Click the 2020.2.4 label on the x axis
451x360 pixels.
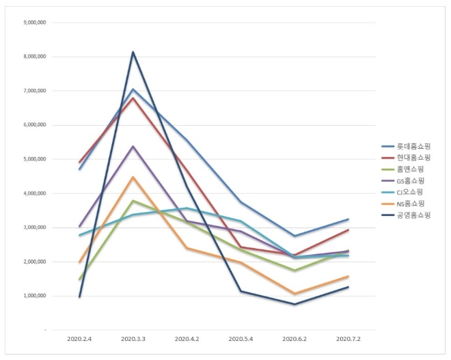point(80,339)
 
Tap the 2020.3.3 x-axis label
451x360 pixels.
point(133,339)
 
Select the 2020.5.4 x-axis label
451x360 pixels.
point(241,339)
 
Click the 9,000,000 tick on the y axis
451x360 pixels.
point(33,22)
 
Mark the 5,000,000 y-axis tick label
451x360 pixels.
point(33,159)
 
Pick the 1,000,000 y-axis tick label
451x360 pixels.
point(33,296)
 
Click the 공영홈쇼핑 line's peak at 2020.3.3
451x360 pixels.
point(133,52)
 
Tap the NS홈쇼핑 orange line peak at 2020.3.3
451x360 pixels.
point(133,177)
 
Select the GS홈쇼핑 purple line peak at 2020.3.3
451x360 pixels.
point(133,146)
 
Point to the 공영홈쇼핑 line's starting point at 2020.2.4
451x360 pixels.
point(80,296)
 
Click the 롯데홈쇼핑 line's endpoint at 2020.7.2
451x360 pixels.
point(348,219)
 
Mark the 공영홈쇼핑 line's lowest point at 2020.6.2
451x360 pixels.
point(295,304)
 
